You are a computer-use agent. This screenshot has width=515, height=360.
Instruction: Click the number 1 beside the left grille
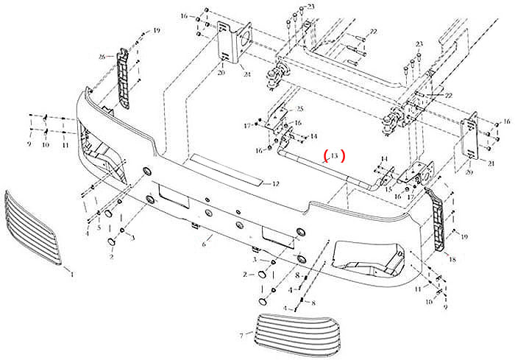coord(72,274)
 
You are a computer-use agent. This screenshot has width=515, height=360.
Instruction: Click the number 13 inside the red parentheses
coord(333,156)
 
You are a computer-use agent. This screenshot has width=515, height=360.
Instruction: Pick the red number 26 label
coord(103,56)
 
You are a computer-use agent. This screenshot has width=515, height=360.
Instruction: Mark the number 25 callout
coord(299,109)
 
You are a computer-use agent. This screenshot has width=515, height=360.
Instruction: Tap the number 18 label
coord(452,260)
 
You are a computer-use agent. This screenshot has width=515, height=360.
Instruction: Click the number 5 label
coord(99,227)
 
